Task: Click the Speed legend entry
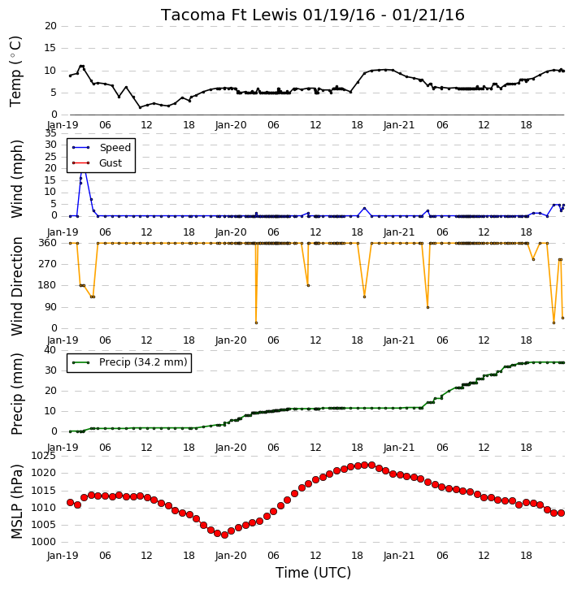(102, 148)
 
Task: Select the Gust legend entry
(97, 163)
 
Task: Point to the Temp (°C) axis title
(15, 71)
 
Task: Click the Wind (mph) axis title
(16, 179)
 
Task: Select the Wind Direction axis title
(16, 286)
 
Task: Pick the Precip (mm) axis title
(16, 394)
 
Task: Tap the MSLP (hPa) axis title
(16, 501)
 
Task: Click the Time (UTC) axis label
(313, 573)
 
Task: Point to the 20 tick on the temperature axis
(50, 26)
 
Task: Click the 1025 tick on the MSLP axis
(44, 456)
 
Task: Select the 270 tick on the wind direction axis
(48, 264)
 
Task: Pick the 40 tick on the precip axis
(50, 350)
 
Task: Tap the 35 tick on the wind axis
(50, 133)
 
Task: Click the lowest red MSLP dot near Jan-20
(224, 535)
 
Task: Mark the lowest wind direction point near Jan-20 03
(256, 323)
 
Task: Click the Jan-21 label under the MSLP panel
(399, 555)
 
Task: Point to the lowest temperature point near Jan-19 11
(140, 107)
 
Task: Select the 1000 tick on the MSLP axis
(44, 542)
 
